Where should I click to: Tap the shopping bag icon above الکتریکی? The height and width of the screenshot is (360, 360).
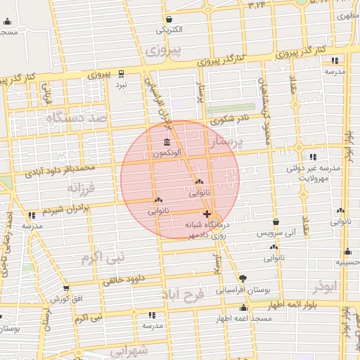pos(169,19)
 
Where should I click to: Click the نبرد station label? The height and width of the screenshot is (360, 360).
pos(122,84)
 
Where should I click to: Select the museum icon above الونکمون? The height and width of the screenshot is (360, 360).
pos(167,142)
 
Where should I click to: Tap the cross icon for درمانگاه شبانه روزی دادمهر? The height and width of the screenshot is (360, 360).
pos(207,213)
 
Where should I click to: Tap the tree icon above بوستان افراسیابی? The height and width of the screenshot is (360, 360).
pos(243,278)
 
